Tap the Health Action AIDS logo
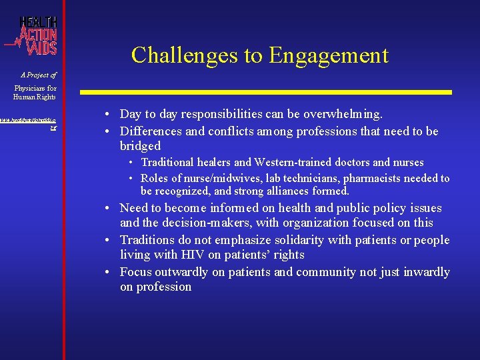click(x=33, y=35)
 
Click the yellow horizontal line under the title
click(x=266, y=91)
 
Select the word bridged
click(x=140, y=146)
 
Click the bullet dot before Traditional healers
click(x=133, y=163)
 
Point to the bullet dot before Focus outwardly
click(x=111, y=272)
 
